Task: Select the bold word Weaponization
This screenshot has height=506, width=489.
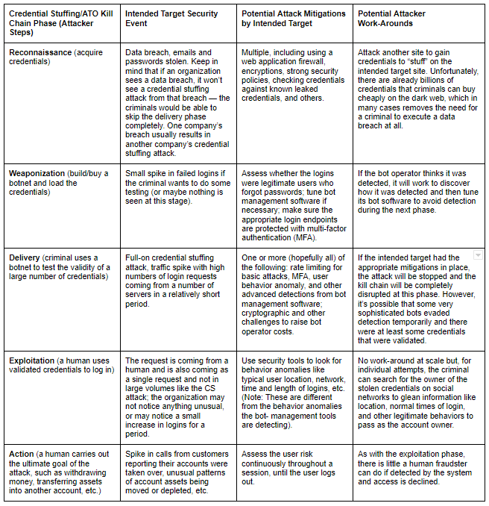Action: coord(37,174)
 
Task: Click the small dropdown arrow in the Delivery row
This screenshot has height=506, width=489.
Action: coord(478,256)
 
